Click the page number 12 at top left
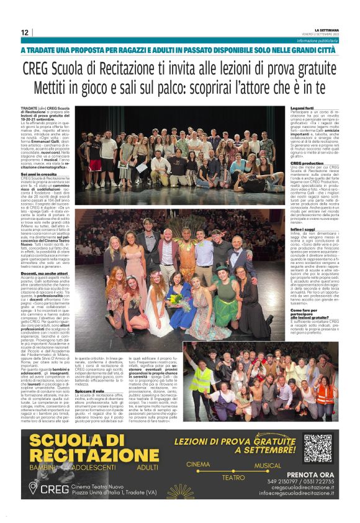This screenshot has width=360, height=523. click(x=24, y=32)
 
